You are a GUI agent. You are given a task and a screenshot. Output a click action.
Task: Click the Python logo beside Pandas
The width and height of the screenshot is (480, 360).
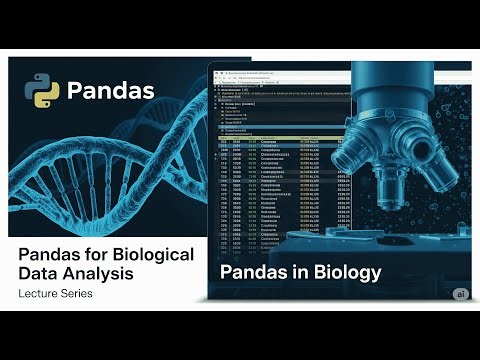(x=43, y=91)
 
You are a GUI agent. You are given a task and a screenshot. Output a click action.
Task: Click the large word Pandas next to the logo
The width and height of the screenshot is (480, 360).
(x=110, y=92)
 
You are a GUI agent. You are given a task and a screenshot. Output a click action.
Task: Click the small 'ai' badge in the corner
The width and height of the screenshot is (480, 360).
(x=459, y=293)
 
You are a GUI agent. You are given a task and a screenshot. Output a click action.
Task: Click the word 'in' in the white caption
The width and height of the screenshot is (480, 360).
(x=299, y=272)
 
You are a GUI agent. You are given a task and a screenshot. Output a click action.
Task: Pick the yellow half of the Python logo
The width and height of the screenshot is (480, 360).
(x=47, y=98)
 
